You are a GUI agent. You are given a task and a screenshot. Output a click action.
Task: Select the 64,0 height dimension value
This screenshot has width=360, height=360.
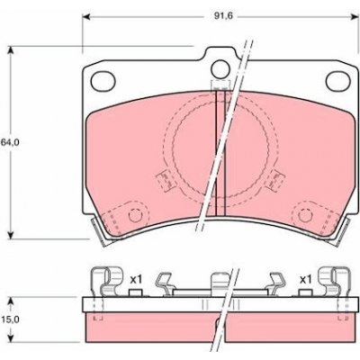point(10,142)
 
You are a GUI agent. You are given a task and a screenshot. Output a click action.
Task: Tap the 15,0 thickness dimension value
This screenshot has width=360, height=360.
point(10,319)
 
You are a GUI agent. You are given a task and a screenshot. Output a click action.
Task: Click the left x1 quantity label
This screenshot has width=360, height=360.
point(136,280)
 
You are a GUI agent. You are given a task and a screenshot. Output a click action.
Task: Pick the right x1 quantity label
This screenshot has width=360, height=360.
point(306,280)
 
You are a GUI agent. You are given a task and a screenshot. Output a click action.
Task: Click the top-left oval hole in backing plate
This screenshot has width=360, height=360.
point(103,81)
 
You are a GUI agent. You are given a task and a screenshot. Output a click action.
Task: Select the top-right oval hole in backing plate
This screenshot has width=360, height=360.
point(338,81)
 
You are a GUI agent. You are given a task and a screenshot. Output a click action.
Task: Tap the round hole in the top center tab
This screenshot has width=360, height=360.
point(220,69)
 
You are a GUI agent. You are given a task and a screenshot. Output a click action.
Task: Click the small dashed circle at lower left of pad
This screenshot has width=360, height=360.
point(134,215)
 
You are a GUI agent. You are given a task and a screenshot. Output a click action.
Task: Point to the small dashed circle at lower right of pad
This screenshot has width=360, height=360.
point(305,215)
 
